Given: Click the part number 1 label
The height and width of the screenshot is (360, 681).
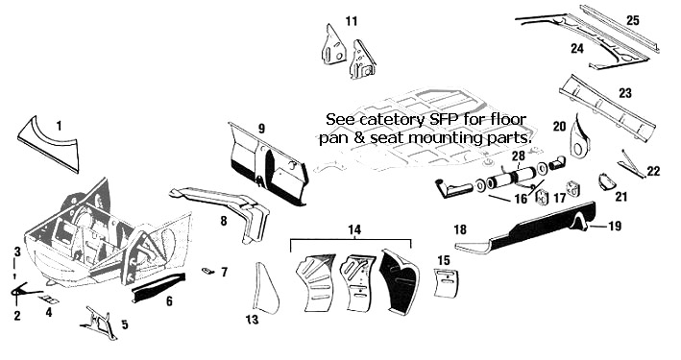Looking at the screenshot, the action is click(x=59, y=126).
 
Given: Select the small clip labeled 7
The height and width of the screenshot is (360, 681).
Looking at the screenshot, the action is click(x=207, y=271).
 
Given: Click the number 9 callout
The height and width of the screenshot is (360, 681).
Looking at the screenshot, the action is click(x=261, y=129).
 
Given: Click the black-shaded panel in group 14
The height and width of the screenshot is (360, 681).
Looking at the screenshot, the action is click(x=400, y=282).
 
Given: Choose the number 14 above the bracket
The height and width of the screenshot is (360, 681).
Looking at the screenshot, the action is click(x=354, y=229).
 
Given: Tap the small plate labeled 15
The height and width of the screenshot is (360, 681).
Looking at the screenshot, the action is click(x=446, y=283).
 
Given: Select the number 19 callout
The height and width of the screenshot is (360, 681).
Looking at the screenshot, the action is click(x=615, y=226).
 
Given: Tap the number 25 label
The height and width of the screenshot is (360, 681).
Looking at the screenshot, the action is click(x=633, y=20).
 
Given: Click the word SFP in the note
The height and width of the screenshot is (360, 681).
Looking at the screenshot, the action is click(x=457, y=118).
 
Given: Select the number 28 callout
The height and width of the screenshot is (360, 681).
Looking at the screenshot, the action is click(x=519, y=155).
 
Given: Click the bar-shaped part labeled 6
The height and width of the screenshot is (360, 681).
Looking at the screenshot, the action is click(x=158, y=287).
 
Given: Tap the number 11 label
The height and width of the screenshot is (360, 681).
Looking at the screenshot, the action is click(x=352, y=21).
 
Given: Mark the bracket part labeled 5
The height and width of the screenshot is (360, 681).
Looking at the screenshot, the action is click(x=99, y=323).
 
